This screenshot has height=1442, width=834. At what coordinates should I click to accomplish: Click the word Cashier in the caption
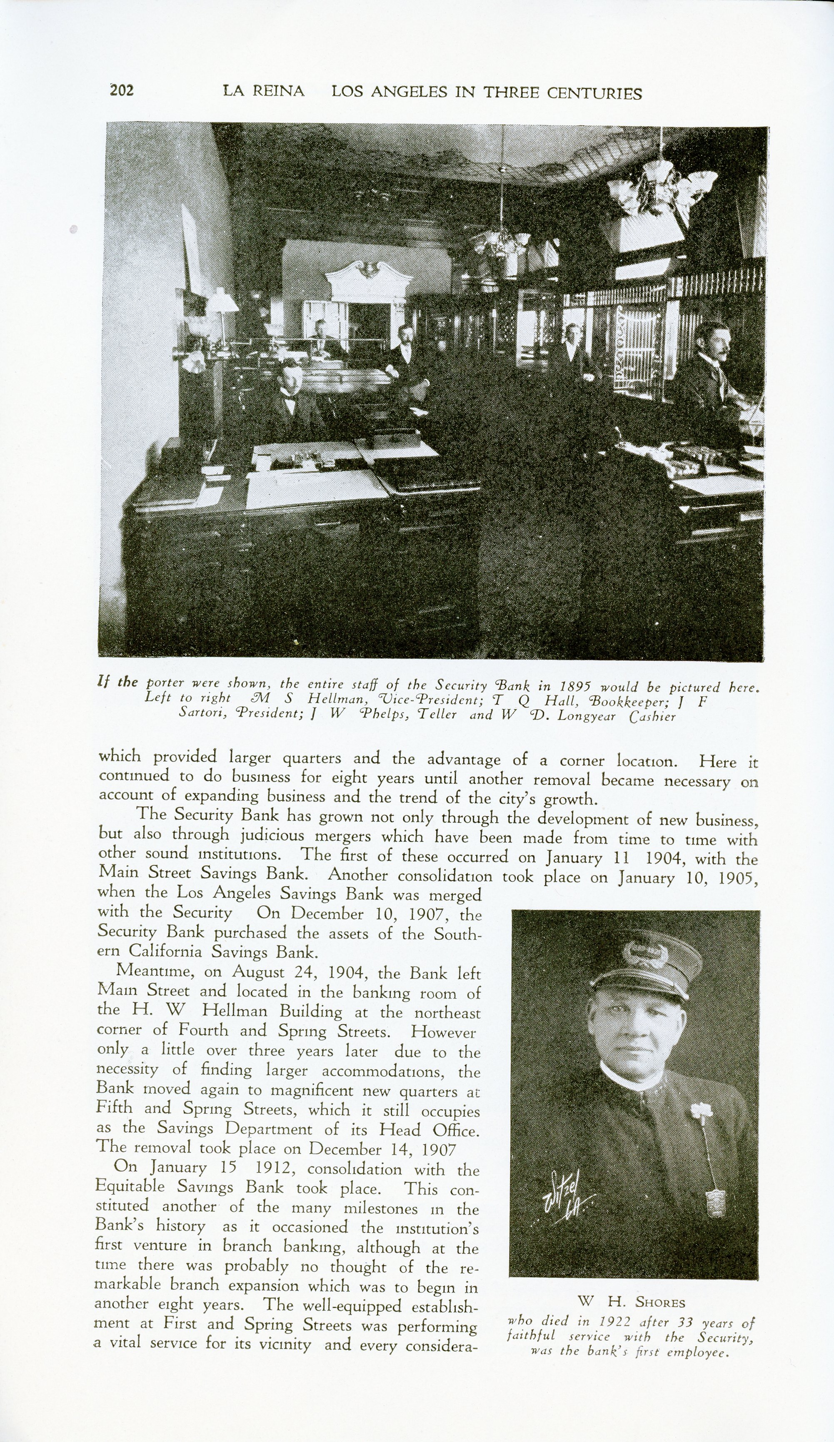[652, 717]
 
